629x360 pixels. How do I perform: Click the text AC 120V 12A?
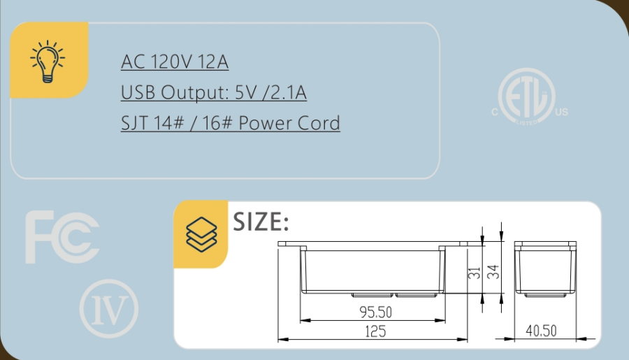click(175, 62)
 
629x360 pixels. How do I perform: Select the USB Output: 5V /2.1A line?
click(214, 93)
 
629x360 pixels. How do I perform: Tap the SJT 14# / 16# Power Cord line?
click(230, 124)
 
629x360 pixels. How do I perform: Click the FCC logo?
click(62, 238)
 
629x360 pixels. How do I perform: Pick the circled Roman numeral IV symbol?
click(108, 308)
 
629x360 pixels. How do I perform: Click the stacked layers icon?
click(201, 234)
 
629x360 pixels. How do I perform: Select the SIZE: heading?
click(261, 222)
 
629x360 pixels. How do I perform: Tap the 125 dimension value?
click(375, 331)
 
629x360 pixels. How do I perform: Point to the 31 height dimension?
click(474, 272)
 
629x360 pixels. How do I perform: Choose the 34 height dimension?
click(494, 272)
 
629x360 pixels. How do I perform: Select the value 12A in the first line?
click(212, 62)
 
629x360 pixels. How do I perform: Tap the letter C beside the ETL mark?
click(494, 112)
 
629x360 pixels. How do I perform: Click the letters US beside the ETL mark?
click(562, 112)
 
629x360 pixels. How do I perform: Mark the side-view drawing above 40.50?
click(545, 269)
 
